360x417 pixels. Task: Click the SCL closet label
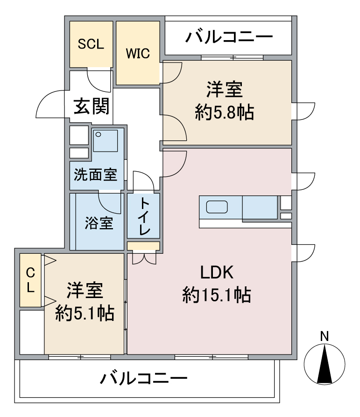(x=91, y=44)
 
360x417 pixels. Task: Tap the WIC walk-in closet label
(x=138, y=54)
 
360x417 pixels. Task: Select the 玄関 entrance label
(x=92, y=106)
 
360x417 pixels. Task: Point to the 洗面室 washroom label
(x=95, y=175)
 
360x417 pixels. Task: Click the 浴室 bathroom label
(x=99, y=223)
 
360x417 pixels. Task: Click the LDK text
(x=217, y=272)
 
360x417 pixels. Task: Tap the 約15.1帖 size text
(x=217, y=295)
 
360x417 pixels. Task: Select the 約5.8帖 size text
(x=225, y=112)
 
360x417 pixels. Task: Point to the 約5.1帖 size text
(x=85, y=313)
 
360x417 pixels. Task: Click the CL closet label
(x=31, y=280)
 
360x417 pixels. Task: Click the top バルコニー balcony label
(x=229, y=37)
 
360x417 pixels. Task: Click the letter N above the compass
(x=325, y=336)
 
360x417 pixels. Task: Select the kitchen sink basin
(x=217, y=207)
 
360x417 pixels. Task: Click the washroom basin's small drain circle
(x=99, y=134)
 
